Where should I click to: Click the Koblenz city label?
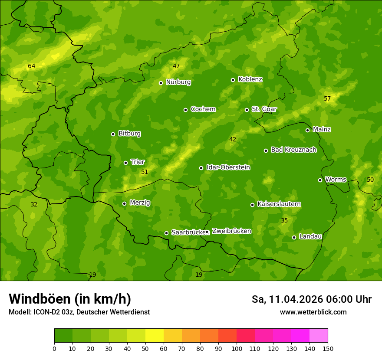coord(250,79)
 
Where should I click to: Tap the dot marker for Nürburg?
coord(161,83)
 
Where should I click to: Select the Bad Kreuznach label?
coord(293,150)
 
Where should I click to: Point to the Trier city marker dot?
coord(126,163)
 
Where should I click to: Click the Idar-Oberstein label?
coord(228,167)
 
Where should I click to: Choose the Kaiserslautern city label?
coord(279,204)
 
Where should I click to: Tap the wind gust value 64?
coord(32,66)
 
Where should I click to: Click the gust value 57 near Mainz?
coord(327,99)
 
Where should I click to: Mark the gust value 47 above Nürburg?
coord(176,66)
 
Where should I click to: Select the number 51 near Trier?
coord(145,172)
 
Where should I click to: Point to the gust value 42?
coord(233,139)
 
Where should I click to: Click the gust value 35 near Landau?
coord(284,221)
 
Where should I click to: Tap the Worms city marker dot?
coord(320,180)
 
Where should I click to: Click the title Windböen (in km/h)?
coord(70,299)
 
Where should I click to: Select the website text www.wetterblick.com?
coord(313,312)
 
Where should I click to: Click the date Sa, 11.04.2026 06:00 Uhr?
coord(311,299)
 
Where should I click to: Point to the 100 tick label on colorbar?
coord(237,348)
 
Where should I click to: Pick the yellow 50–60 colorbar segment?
coord(155,336)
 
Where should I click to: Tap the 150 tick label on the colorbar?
coord(328,348)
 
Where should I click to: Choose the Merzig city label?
coord(140,203)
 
